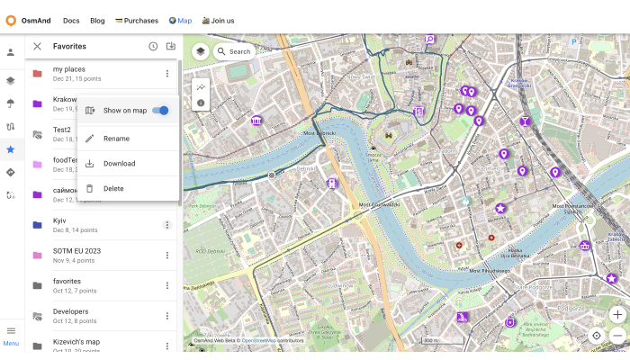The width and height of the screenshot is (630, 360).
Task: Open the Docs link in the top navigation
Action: pyautogui.click(x=71, y=21)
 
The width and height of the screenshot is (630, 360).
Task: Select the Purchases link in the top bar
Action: pyautogui.click(x=137, y=21)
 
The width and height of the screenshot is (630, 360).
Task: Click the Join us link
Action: pyautogui.click(x=218, y=21)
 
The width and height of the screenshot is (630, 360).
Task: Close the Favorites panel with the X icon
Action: pyautogui.click(x=37, y=46)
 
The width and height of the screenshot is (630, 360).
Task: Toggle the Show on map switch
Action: pyautogui.click(x=161, y=111)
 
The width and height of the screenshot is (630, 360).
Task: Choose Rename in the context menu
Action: pyautogui.click(x=116, y=139)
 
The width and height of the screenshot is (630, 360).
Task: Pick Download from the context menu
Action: pyautogui.click(x=119, y=164)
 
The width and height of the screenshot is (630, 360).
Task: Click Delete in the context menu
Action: pyautogui.click(x=113, y=189)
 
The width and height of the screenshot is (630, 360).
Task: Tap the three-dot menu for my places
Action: pyautogui.click(x=166, y=74)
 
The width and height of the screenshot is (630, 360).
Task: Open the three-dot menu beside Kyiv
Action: pyautogui.click(x=166, y=225)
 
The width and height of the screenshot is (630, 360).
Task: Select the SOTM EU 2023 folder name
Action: pyautogui.click(x=76, y=250)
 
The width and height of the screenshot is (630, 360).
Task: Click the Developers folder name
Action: pyautogui.click(x=70, y=311)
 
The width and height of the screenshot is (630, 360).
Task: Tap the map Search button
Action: pyautogui.click(x=234, y=52)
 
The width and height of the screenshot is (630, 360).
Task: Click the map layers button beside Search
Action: pyautogui.click(x=200, y=52)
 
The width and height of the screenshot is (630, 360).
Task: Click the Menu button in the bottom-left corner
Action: pyautogui.click(x=11, y=334)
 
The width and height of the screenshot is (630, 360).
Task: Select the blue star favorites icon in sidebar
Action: pyautogui.click(x=11, y=149)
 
